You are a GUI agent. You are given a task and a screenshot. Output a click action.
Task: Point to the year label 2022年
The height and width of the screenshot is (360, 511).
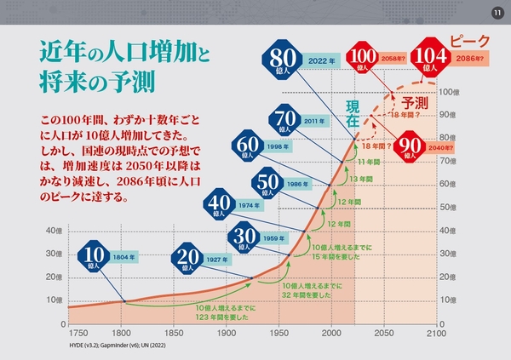[317, 60]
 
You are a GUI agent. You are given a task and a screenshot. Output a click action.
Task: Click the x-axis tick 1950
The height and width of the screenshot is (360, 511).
[278, 334]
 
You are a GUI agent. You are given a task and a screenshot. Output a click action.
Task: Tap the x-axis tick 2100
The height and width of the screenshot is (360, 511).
[437, 334]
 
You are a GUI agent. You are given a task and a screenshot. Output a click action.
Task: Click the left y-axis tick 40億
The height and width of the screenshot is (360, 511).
[54, 231]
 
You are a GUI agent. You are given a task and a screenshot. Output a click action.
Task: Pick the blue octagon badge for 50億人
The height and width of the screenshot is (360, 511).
[267, 182]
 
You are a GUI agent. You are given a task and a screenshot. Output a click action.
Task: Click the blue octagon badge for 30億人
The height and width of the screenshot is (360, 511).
[245, 237]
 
